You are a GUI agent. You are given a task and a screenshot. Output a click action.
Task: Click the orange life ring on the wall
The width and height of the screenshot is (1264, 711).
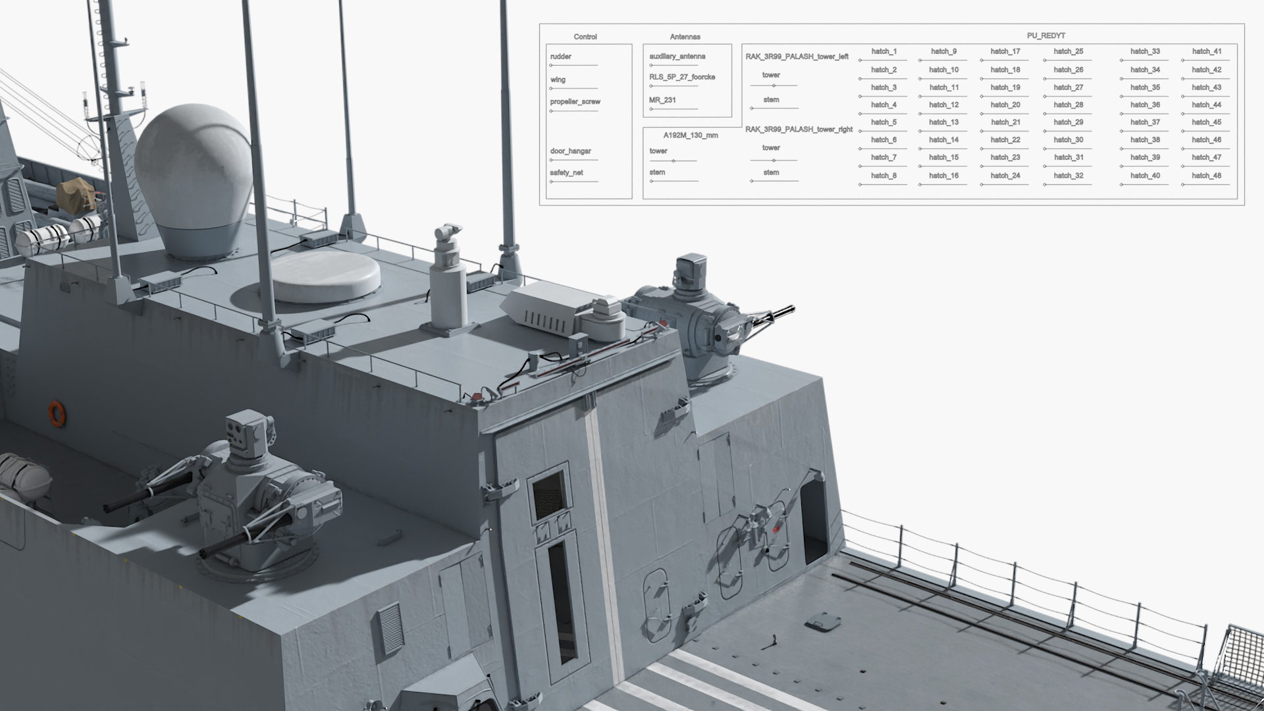click(x=57, y=413)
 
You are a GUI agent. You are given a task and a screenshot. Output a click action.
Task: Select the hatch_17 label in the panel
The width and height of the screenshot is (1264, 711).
click(x=1005, y=51)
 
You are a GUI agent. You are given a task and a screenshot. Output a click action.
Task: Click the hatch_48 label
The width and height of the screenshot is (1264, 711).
click(x=1206, y=176)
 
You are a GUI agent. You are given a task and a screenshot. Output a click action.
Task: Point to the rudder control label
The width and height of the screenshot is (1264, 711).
click(x=561, y=57)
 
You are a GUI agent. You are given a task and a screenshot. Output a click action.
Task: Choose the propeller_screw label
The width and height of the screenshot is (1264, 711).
click(x=575, y=102)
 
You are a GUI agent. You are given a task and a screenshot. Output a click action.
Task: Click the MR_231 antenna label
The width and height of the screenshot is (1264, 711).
click(x=662, y=100)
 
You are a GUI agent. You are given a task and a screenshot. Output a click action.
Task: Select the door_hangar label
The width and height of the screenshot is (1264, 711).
click(x=570, y=151)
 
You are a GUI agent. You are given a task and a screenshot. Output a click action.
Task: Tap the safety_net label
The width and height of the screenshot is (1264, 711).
click(x=566, y=173)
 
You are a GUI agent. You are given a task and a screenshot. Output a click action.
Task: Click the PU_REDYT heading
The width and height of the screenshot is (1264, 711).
click(x=1045, y=36)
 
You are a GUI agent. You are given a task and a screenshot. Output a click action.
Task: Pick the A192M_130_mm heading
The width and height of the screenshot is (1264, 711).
click(x=691, y=136)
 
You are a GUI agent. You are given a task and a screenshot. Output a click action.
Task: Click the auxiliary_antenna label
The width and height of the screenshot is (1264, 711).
click(x=677, y=57)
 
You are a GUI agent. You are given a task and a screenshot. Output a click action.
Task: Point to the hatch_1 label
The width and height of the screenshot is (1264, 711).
click(x=883, y=51)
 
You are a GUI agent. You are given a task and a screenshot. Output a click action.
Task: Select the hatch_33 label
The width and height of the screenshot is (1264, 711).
click(x=1145, y=51)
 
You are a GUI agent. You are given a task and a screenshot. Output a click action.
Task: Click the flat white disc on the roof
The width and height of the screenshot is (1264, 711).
click(x=325, y=275)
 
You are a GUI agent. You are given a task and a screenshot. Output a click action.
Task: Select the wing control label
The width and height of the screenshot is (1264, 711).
click(x=558, y=80)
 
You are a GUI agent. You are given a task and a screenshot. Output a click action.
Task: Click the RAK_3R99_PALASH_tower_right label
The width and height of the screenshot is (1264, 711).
click(x=799, y=130)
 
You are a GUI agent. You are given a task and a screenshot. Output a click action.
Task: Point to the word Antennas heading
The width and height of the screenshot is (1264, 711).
click(x=685, y=37)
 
